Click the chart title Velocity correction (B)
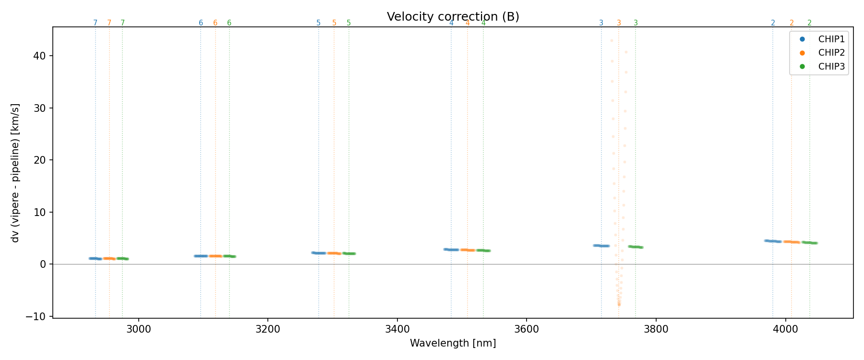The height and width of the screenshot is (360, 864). pyautogui.click(x=453, y=17)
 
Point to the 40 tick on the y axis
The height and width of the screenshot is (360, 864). pyautogui.click(x=40, y=56)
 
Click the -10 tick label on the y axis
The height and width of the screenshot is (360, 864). pyautogui.click(x=36, y=316)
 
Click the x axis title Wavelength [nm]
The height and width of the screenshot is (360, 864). pyautogui.click(x=453, y=343)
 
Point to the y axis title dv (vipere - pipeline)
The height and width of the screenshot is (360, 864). pyautogui.click(x=15, y=173)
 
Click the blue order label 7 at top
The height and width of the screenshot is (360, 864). pyautogui.click(x=95, y=23)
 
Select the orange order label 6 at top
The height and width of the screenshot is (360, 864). pyautogui.click(x=215, y=23)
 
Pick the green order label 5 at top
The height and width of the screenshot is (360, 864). pyautogui.click(x=348, y=23)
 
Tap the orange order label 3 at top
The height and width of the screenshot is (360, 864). pyautogui.click(x=619, y=23)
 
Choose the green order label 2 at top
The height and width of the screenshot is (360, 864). pyautogui.click(x=809, y=23)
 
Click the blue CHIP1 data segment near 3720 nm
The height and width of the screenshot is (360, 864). pyautogui.click(x=601, y=246)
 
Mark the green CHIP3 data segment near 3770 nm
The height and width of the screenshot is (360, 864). pyautogui.click(x=636, y=247)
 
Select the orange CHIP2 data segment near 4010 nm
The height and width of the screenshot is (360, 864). pyautogui.click(x=792, y=242)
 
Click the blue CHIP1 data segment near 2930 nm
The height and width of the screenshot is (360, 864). pyautogui.click(x=95, y=259)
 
